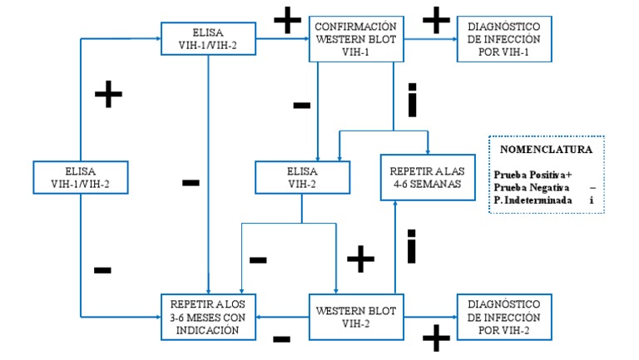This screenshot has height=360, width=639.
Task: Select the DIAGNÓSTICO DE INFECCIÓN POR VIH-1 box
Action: click(x=503, y=38)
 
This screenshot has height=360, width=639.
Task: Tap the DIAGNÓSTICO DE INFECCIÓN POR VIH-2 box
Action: click(x=503, y=316)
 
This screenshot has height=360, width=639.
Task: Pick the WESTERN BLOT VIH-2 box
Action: click(x=356, y=316)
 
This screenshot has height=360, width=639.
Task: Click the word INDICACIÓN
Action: click(x=208, y=329)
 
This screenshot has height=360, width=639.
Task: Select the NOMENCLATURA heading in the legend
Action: click(x=546, y=150)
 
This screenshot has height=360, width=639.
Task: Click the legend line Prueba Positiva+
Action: click(x=532, y=175)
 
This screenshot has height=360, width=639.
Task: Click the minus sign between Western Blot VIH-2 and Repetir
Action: click(x=282, y=338)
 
